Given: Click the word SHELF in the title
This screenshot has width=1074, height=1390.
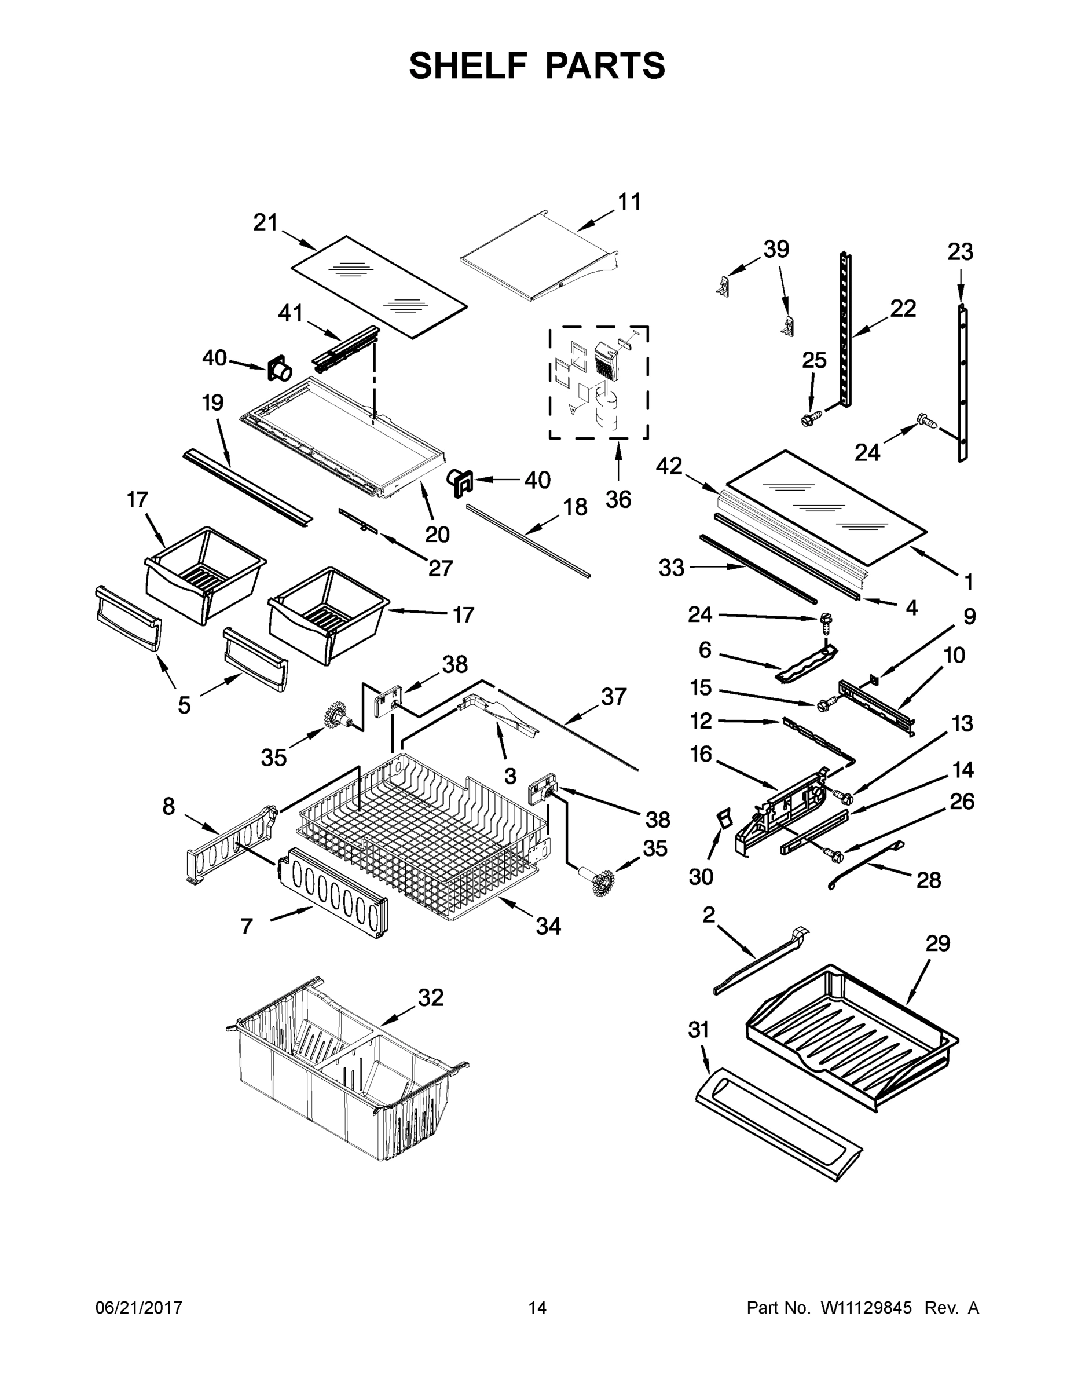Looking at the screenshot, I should tap(468, 65).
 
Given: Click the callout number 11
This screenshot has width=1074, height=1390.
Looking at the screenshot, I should tap(629, 202).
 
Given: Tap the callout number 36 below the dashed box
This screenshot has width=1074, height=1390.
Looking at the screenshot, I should tap(618, 500).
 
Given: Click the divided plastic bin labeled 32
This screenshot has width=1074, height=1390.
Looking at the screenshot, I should tap(343, 1076).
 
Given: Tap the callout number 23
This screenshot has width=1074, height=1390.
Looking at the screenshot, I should tap(959, 252).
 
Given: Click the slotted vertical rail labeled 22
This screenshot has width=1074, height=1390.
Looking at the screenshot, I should tap(844, 331).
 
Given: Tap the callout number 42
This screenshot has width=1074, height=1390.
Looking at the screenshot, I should tap(669, 466).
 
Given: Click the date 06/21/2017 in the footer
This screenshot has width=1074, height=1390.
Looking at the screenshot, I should tap(139, 1307).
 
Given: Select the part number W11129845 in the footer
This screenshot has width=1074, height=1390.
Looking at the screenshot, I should tap(866, 1307).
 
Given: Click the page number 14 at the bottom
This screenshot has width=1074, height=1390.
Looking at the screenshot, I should tap(537, 1307).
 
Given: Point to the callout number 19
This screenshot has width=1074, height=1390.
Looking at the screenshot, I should tap(212, 403).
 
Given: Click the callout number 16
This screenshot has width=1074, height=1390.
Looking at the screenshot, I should tap(701, 754).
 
